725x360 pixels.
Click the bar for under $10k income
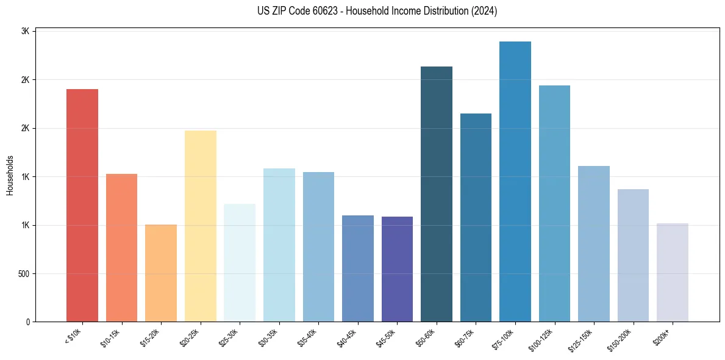(82, 205)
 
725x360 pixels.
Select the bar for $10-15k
(121, 248)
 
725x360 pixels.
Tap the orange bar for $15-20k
(161, 273)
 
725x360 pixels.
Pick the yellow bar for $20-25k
(200, 226)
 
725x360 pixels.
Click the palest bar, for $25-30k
(240, 262)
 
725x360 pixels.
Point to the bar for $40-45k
(358, 268)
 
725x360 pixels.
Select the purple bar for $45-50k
(397, 269)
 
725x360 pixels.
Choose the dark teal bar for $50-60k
(437, 194)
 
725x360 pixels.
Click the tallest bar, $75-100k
(515, 181)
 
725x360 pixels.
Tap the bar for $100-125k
(554, 203)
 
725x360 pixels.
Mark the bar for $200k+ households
(673, 272)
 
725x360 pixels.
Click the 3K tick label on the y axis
(26, 31)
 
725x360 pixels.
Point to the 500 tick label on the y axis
(24, 273)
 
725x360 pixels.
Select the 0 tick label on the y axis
(28, 322)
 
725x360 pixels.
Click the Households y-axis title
(10, 175)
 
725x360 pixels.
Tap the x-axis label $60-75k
(465, 337)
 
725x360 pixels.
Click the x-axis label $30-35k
(268, 337)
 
